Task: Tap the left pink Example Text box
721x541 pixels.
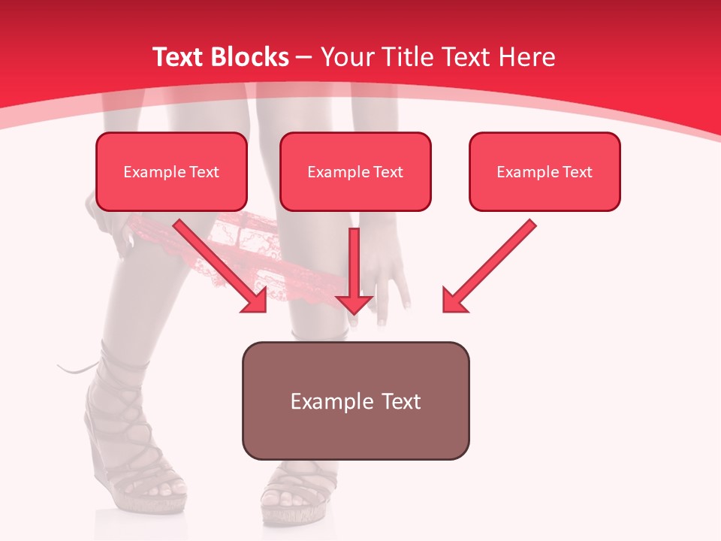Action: (x=171, y=171)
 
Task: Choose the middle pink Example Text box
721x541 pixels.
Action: (x=355, y=171)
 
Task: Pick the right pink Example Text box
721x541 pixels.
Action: (x=545, y=171)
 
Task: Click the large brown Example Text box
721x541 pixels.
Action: (x=355, y=401)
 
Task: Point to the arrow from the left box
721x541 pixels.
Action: (x=222, y=267)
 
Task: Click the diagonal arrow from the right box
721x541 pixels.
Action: (x=488, y=267)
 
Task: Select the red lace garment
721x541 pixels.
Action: (x=248, y=248)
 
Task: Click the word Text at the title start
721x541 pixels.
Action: (x=178, y=57)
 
